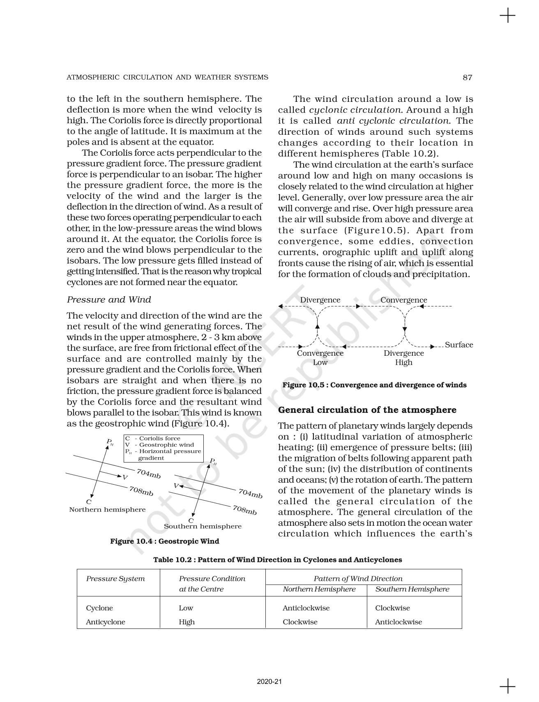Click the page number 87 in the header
tap(467, 77)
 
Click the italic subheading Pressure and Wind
tap(109, 299)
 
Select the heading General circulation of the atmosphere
tap(367, 410)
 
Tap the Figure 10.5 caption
tap(374, 385)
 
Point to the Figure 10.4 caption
tap(164, 541)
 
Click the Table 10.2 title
tap(277, 559)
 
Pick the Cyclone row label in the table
tap(99, 608)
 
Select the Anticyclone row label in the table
tap(106, 622)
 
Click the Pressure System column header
tap(115, 579)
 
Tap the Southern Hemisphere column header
tap(412, 589)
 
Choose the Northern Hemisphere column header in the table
tap(319, 589)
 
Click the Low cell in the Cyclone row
tap(186, 608)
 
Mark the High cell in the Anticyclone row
tap(187, 622)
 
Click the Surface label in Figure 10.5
tap(459, 345)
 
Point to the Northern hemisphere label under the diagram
tap(107, 509)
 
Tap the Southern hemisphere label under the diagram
tap(203, 526)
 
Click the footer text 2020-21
tap(269, 682)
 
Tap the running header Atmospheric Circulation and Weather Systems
tap(167, 77)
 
